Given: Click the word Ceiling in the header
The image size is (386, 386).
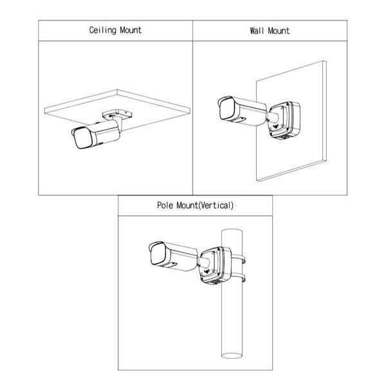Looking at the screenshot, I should click(x=103, y=30).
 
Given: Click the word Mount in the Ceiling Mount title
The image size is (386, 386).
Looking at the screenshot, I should click(x=129, y=30).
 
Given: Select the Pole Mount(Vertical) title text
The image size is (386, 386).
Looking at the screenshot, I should click(x=195, y=207).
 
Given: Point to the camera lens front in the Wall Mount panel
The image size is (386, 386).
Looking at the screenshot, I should click(x=226, y=109).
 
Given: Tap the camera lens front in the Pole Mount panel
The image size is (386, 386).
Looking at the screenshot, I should click(x=155, y=254).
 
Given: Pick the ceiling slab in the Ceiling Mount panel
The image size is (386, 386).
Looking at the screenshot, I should click(x=148, y=103).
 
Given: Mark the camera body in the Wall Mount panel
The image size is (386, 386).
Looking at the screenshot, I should click(x=248, y=113).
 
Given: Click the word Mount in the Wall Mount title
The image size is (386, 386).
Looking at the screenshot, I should click(x=279, y=30).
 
